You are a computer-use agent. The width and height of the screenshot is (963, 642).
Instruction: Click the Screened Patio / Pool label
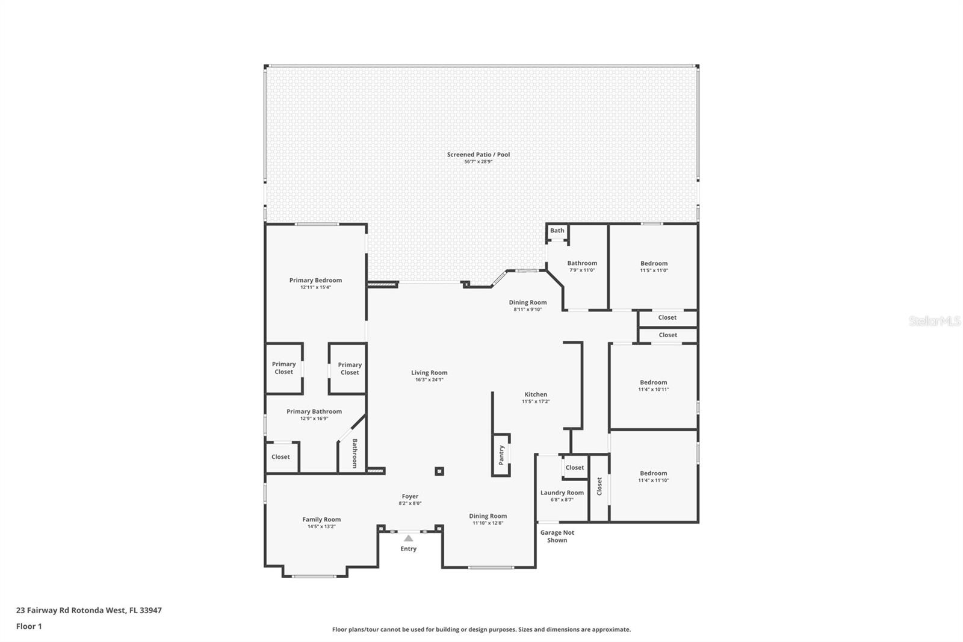tap(478, 155)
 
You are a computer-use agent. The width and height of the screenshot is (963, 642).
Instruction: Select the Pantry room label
tap(501, 455)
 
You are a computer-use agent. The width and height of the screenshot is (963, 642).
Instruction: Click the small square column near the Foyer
tap(439, 471)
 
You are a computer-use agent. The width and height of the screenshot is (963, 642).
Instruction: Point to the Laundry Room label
tap(562, 493)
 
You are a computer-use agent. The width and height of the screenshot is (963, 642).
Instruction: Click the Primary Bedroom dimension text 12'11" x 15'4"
tap(315, 287)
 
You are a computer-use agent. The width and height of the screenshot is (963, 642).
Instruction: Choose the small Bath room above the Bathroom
tap(557, 231)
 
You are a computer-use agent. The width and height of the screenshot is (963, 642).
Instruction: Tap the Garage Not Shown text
tap(557, 536)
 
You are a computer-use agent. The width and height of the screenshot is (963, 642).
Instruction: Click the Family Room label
tap(321, 519)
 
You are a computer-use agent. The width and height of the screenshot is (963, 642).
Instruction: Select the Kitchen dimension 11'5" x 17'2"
tap(536, 401)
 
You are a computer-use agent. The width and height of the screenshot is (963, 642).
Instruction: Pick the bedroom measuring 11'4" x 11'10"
tap(653, 476)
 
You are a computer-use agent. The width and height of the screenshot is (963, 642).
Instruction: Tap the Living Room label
tap(429, 372)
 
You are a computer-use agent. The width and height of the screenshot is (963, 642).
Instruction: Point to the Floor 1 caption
tap(29, 626)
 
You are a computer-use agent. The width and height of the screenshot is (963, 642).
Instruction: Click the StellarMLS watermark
tap(934, 322)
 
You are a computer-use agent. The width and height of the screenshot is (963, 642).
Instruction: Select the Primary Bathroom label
tap(314, 411)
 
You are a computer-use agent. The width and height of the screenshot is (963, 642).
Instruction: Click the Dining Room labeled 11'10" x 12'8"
tap(488, 516)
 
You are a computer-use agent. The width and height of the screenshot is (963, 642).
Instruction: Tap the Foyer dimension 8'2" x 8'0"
tap(410, 503)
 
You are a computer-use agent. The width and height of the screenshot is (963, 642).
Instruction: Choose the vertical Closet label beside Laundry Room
tap(599, 487)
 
